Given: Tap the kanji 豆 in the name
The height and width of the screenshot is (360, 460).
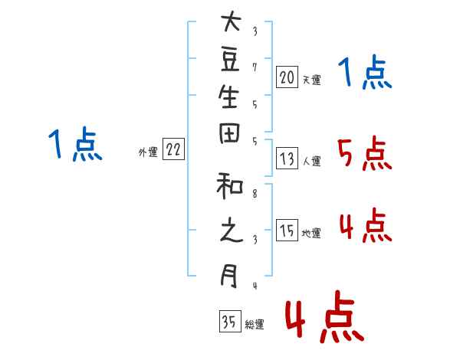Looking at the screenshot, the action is pos(230,60).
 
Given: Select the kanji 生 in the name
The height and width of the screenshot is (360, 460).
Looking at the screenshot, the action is pos(228,97).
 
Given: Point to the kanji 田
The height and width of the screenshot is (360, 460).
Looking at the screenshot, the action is pos(229,133).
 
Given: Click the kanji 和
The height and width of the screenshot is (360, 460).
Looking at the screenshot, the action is pos(230,186).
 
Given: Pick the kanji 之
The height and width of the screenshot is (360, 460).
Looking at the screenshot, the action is pos(232,231).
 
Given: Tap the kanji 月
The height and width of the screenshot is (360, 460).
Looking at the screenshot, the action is pos(229,276).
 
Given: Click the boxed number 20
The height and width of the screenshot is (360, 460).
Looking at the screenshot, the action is pos(287,77).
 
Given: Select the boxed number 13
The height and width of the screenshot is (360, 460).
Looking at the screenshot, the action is pos(287,159).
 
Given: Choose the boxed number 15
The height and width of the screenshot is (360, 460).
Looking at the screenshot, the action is pos(287,230).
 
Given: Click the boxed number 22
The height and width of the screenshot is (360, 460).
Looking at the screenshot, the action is pos(173,149).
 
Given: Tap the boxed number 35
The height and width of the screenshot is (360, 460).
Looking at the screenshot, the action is pos(230,321).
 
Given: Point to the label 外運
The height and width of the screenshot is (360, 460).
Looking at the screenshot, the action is pos(148,152).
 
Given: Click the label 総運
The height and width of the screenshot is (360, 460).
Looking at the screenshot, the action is pos(255,324).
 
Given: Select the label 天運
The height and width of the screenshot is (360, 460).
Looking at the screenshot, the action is pos(311,80).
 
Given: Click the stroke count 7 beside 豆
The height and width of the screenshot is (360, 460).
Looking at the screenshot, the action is pos(255,67).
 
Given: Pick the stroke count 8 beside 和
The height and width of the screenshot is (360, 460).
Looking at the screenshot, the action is pos(255,194).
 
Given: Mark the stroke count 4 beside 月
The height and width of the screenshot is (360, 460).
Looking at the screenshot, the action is pos(255,286).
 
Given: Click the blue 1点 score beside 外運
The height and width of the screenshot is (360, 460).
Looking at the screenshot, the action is pos(75,144).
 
